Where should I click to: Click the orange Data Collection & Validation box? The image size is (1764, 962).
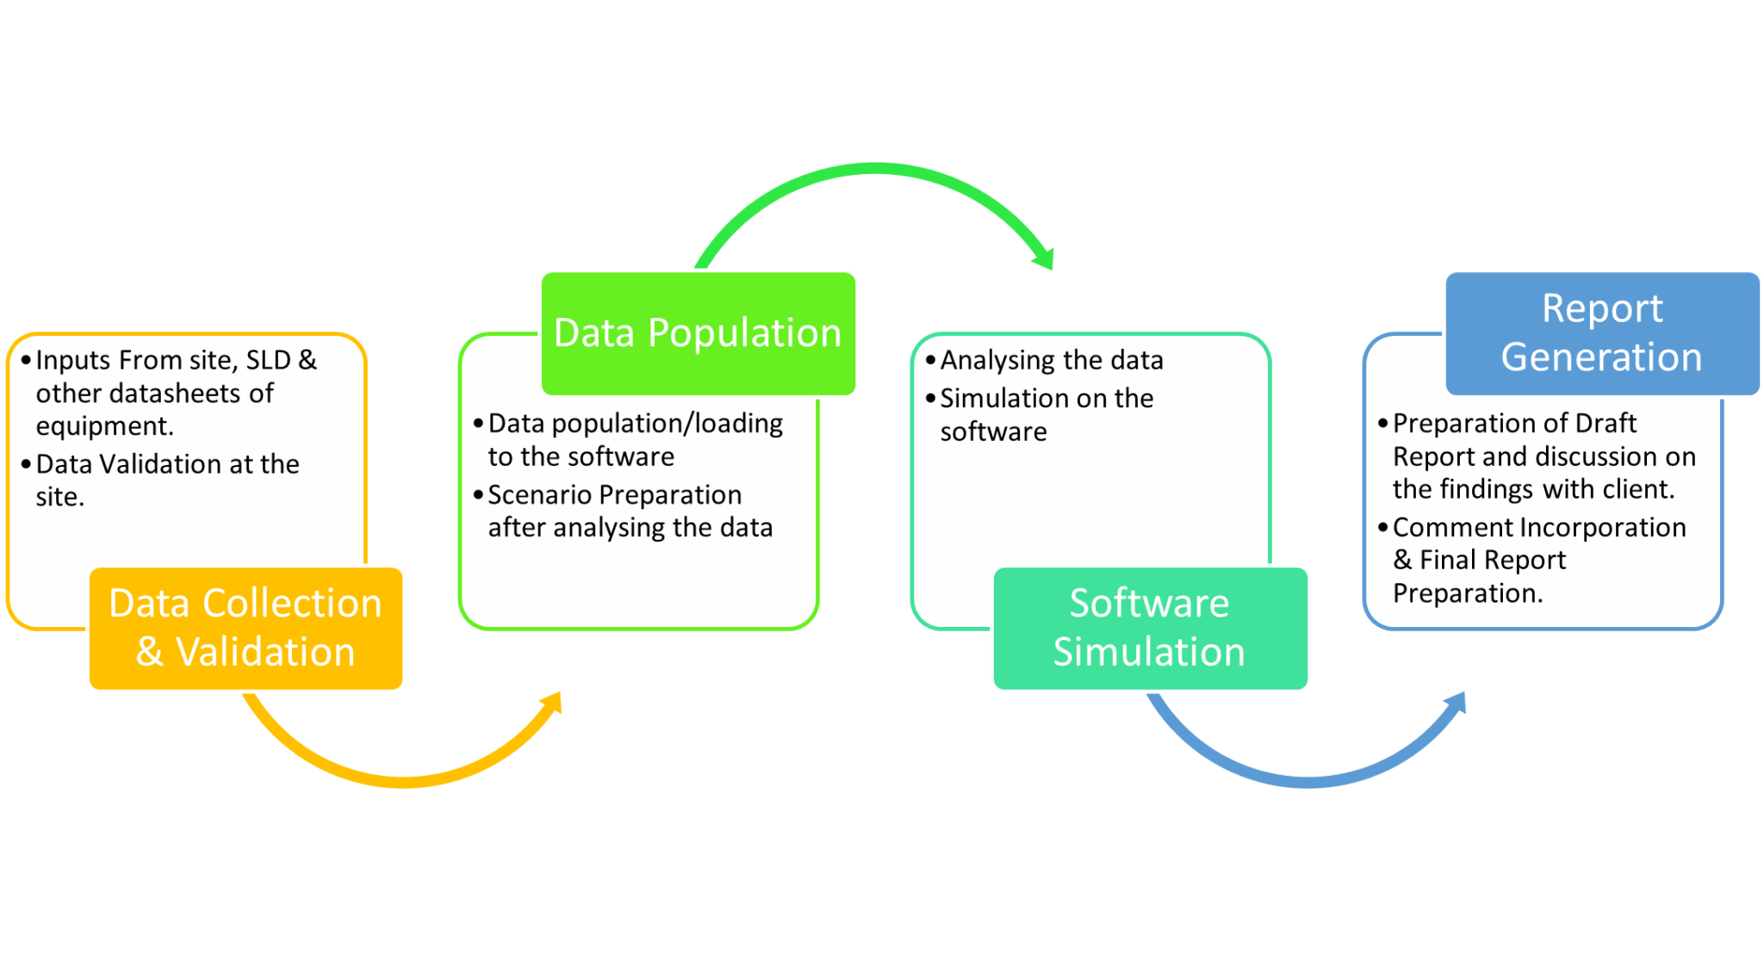245,628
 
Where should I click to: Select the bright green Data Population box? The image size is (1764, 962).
699,333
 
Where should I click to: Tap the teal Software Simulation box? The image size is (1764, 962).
1150,628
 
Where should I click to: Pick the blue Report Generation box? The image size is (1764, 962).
1602,333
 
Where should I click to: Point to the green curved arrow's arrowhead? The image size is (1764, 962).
1044,258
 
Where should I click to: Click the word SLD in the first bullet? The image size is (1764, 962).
268,360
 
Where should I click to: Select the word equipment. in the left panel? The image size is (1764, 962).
105,427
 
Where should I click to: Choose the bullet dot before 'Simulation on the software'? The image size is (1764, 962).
930,399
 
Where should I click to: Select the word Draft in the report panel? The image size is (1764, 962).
1606,424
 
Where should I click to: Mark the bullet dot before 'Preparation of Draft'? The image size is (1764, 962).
1382,423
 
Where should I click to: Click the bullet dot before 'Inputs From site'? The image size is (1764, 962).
26,360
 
